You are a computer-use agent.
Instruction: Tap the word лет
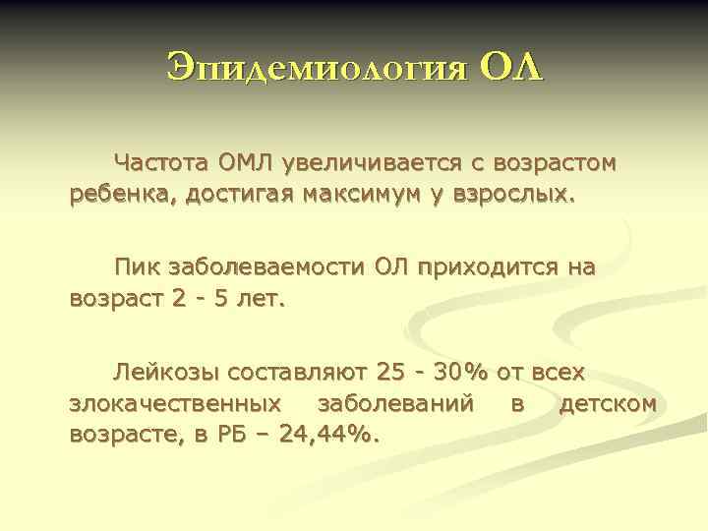[x=261, y=298]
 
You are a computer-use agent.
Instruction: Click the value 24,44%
[x=329, y=434]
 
